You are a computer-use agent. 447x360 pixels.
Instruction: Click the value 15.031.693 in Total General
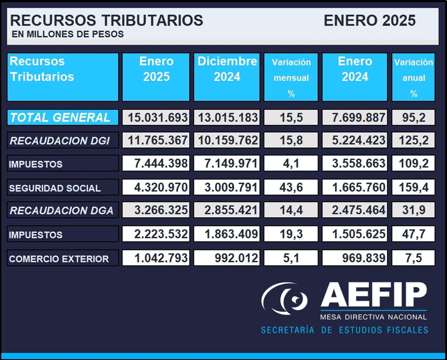156,117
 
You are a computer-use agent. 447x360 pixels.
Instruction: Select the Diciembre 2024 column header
227,77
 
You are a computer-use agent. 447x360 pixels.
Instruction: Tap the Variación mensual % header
291,77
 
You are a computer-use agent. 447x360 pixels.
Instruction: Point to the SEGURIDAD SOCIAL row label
63,187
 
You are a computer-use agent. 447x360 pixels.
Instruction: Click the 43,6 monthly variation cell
291,187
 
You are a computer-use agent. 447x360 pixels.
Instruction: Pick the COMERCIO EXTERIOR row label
63,258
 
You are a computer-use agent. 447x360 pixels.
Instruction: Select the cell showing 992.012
227,258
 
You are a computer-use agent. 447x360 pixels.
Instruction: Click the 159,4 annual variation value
413,187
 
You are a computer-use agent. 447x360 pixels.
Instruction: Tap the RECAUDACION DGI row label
63,140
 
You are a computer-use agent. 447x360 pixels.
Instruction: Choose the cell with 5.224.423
355,140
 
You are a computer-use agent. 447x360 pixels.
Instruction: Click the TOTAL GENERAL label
63,117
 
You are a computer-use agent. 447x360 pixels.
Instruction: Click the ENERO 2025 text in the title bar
369,20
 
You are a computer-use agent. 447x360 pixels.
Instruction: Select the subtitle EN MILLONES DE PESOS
68,34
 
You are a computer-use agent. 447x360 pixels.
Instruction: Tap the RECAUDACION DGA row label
63,210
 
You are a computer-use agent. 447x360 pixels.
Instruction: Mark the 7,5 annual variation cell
413,258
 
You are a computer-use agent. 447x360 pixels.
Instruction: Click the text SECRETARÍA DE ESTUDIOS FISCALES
344,330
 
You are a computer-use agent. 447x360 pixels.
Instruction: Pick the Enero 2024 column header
355,77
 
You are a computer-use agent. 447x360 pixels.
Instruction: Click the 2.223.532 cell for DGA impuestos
156,234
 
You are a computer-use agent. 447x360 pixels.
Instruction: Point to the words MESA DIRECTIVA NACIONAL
373,317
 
